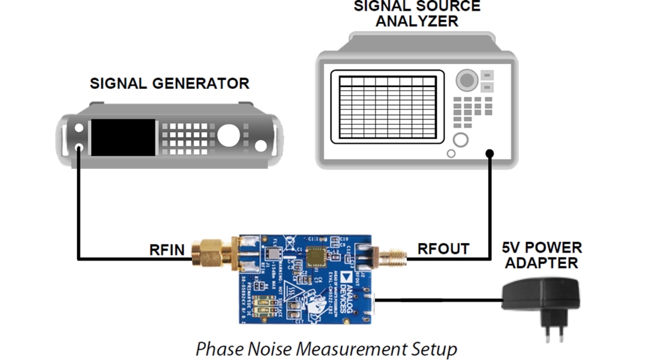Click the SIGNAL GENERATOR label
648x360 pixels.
point(169,83)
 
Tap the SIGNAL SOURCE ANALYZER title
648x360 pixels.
point(416,13)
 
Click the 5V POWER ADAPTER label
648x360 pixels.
point(542,255)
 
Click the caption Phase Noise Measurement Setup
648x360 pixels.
point(326,349)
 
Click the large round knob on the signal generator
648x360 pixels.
point(229,136)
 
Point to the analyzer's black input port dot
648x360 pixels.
point(490,154)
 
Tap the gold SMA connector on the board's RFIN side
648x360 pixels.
point(208,252)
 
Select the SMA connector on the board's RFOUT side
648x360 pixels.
point(391,256)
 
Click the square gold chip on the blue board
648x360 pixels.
point(315,257)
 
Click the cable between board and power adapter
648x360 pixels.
point(438,299)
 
